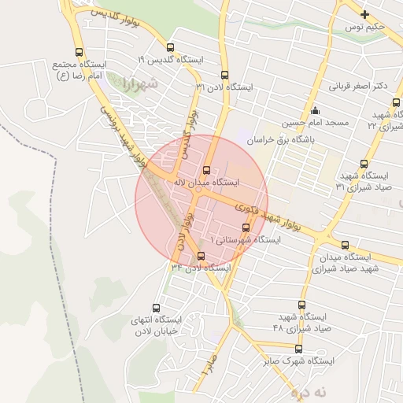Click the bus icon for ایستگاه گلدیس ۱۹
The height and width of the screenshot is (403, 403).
pyautogui.click(x=171, y=48)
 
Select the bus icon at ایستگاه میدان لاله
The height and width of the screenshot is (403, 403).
pyautogui.click(x=206, y=169)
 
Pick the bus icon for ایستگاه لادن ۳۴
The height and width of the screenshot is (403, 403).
pyautogui.click(x=201, y=255)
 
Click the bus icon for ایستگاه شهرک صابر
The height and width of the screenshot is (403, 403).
pyautogui.click(x=298, y=348)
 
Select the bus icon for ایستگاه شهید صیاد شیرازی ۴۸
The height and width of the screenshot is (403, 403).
pyautogui.click(x=301, y=305)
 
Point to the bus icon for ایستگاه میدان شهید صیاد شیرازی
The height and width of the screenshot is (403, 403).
pyautogui.click(x=346, y=245)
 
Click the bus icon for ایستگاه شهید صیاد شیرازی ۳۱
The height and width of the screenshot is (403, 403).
pyautogui.click(x=364, y=164)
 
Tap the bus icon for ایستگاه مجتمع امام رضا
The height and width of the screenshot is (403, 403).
pyautogui.click(x=78, y=52)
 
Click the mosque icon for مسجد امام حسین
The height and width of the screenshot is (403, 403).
pyautogui.click(x=315, y=110)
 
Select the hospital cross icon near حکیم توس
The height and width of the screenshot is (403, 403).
pyautogui.click(x=364, y=14)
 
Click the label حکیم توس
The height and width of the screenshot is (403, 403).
pyautogui.click(x=366, y=28)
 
